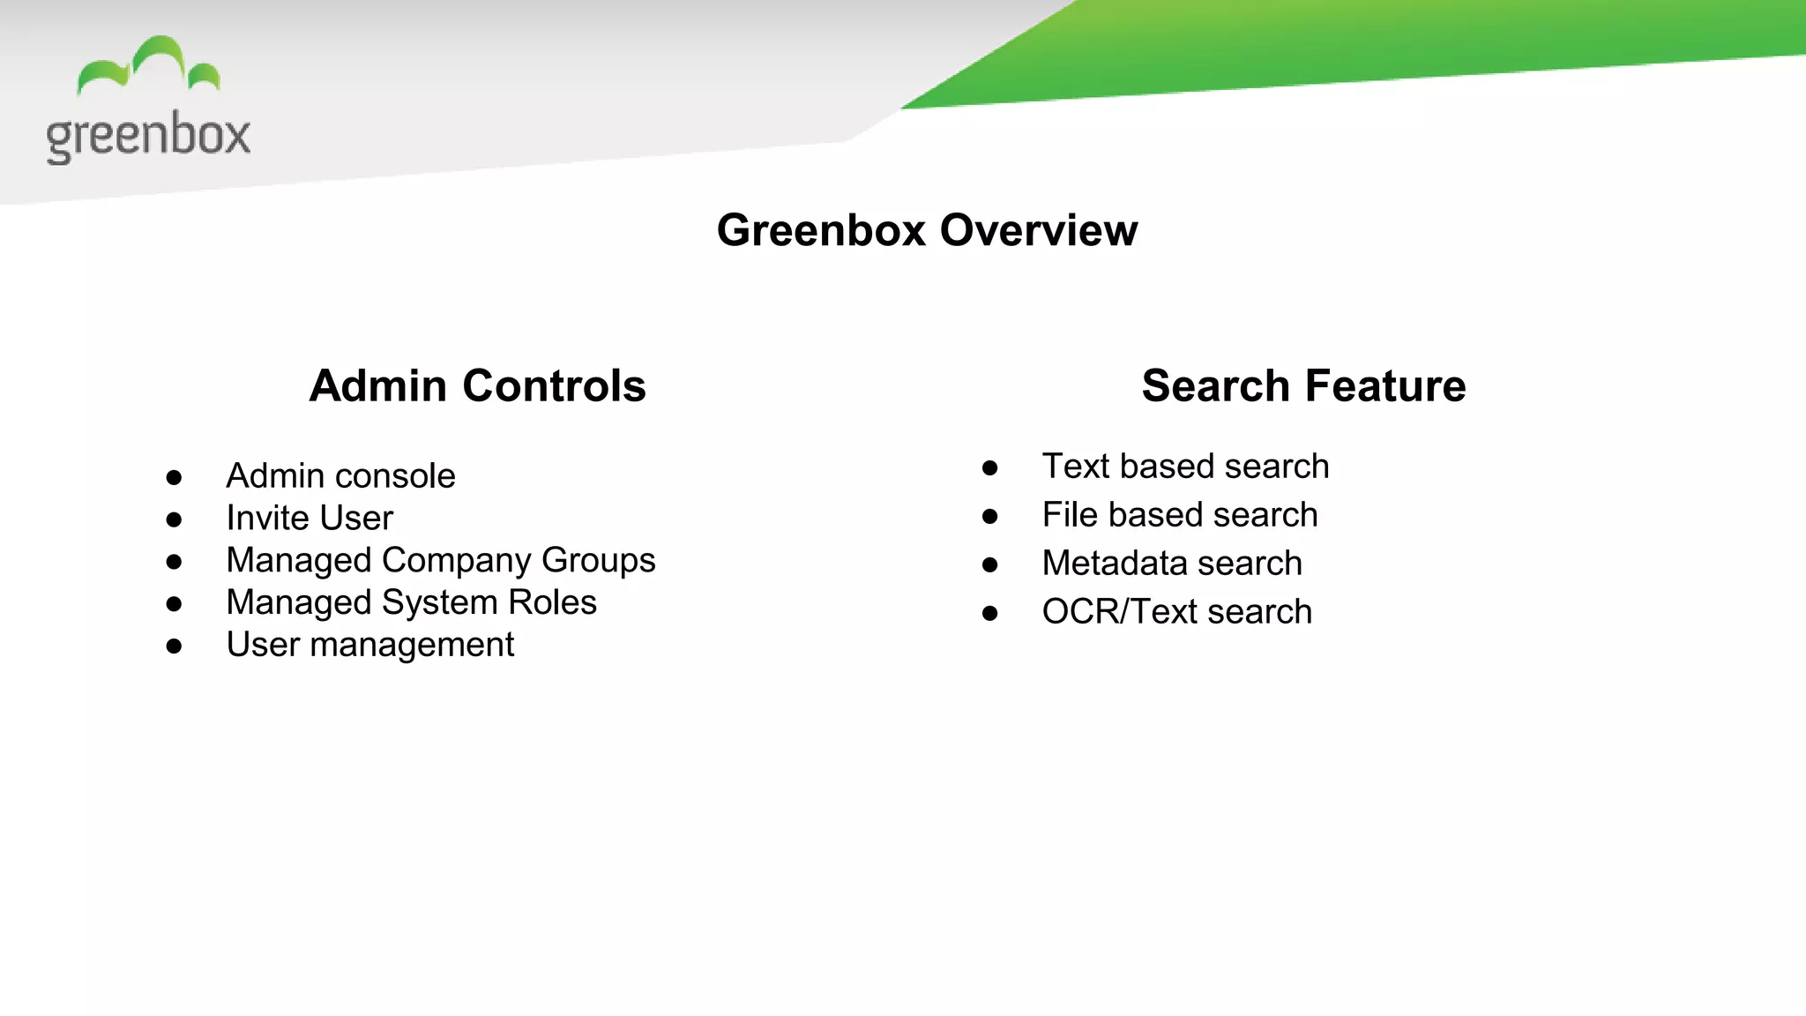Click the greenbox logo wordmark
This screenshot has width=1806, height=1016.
click(148, 136)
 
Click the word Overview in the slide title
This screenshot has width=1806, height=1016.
click(1038, 230)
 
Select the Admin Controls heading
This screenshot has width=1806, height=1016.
click(477, 386)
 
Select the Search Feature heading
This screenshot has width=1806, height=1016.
click(1303, 386)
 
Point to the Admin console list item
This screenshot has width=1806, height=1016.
click(340, 476)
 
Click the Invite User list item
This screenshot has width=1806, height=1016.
click(310, 519)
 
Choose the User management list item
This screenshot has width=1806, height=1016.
click(369, 645)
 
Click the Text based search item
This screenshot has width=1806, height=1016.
click(1185, 467)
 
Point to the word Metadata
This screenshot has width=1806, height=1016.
click(1114, 564)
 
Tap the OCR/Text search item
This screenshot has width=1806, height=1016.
click(1176, 612)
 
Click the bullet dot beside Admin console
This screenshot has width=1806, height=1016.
click(174, 478)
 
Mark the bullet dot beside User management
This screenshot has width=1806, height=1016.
click(174, 646)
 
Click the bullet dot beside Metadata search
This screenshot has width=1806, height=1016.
click(989, 565)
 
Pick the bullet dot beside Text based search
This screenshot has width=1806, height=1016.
click(989, 468)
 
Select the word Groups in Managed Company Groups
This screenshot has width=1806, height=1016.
click(598, 561)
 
